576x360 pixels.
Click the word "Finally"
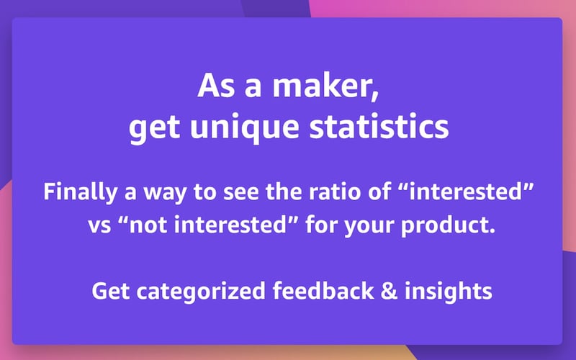point(74,193)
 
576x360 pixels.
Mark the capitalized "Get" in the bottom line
point(108,291)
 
